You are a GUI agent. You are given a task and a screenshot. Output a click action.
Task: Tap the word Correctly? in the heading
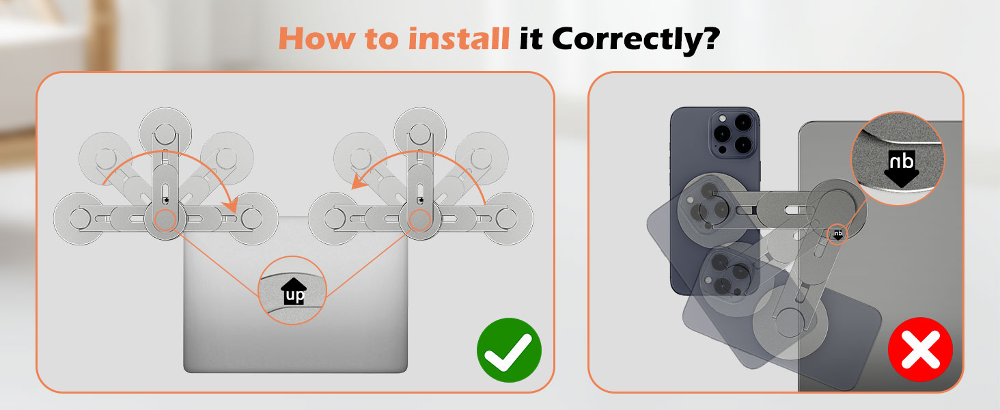(635, 40)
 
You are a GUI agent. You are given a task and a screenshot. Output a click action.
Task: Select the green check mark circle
(509, 350)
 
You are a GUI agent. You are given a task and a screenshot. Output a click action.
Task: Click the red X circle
(920, 350)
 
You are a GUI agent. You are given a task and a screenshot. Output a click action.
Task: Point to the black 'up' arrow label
(294, 292)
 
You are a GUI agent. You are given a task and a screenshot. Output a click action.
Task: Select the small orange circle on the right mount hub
(419, 219)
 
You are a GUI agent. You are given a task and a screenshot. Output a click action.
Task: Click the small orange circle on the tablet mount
(837, 234)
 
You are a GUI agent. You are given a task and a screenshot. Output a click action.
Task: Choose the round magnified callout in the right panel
(897, 159)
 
